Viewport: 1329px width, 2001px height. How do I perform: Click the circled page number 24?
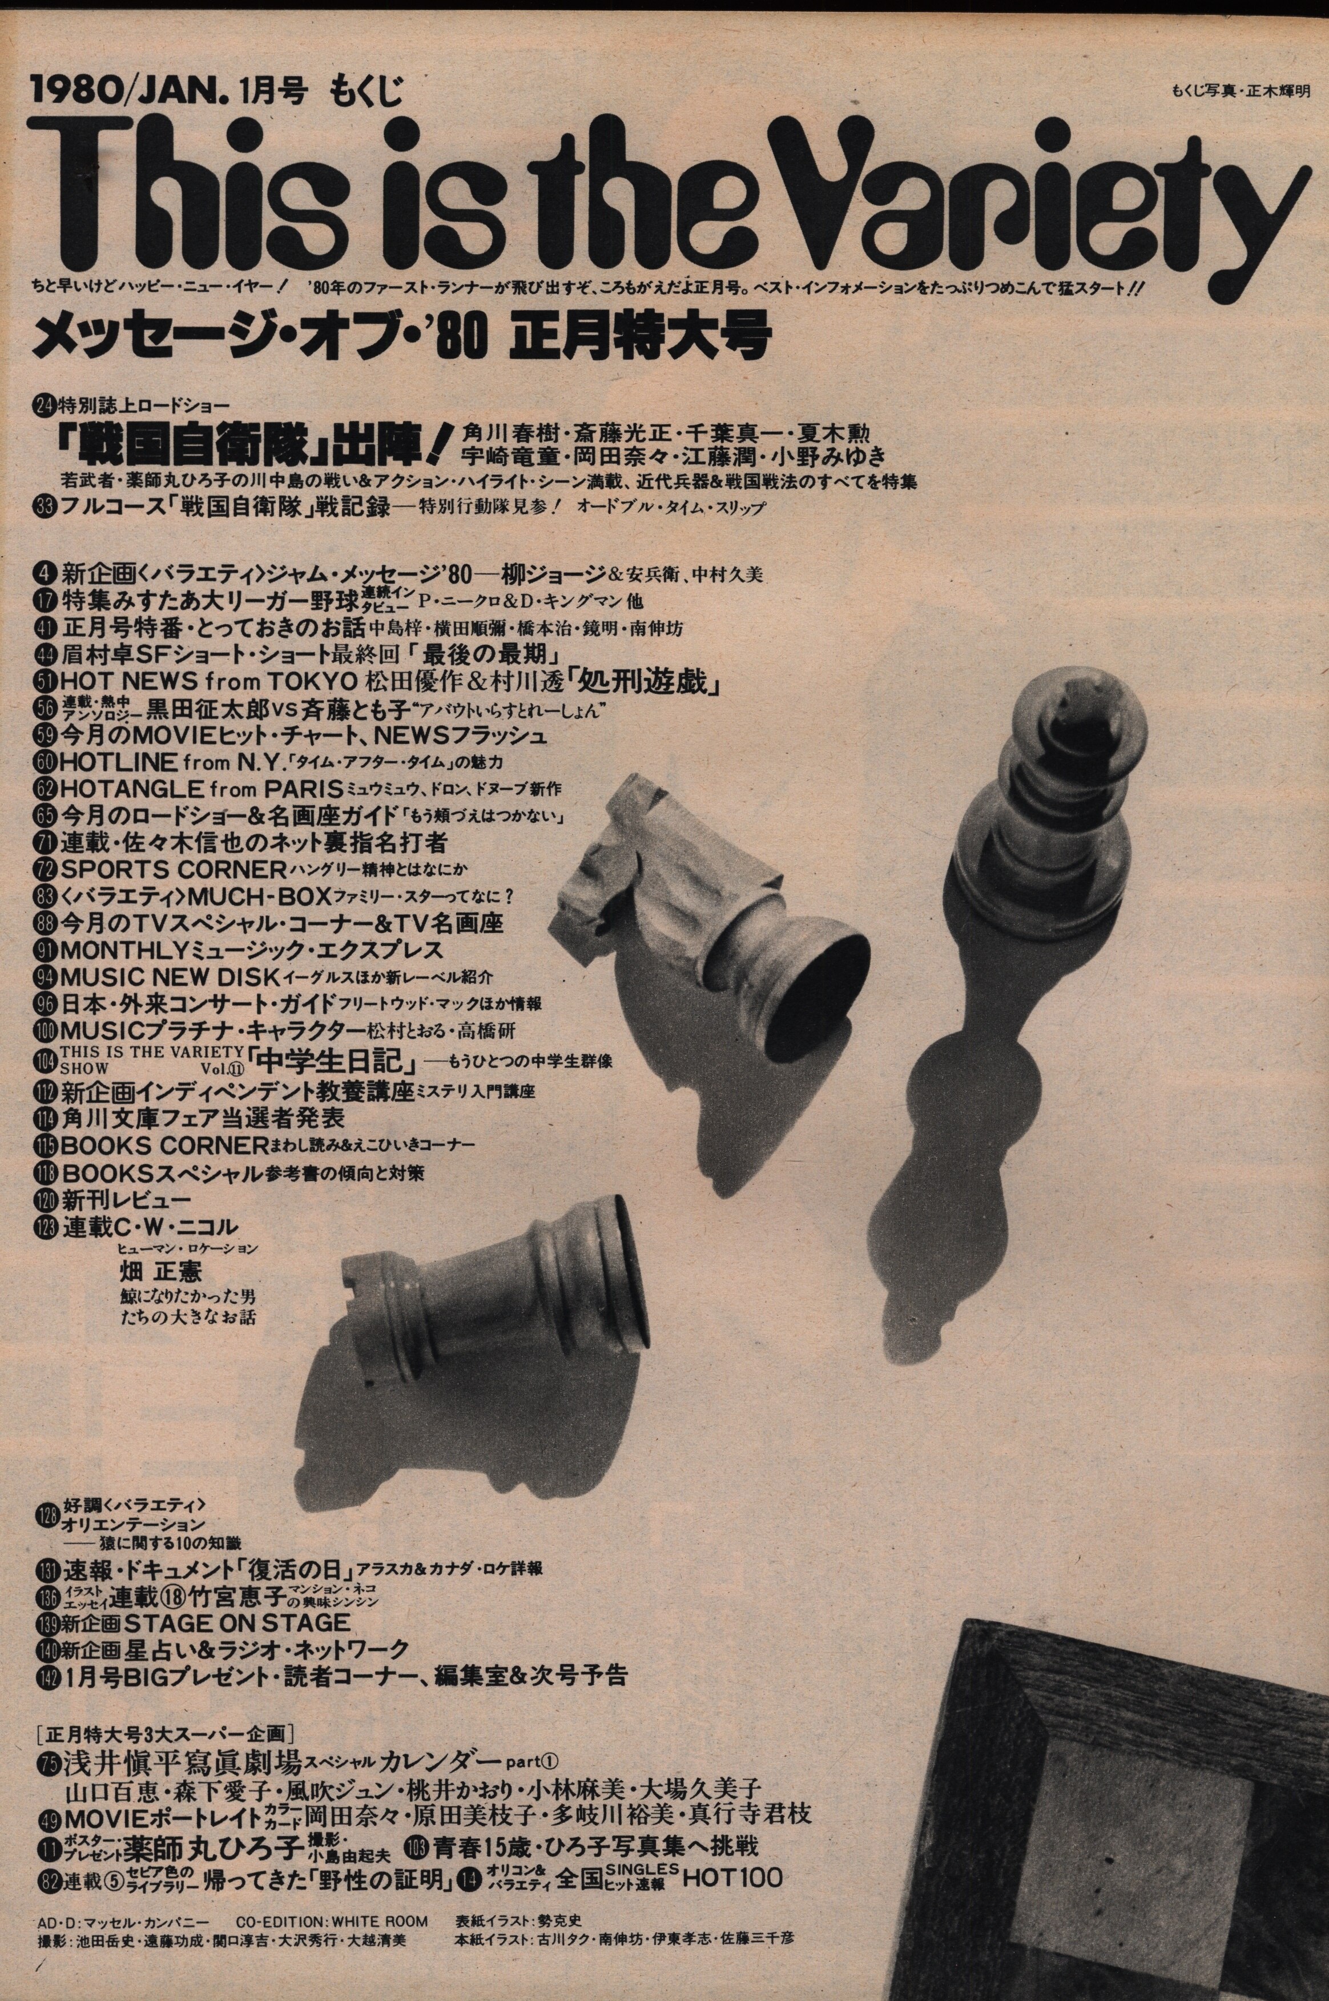(40, 404)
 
